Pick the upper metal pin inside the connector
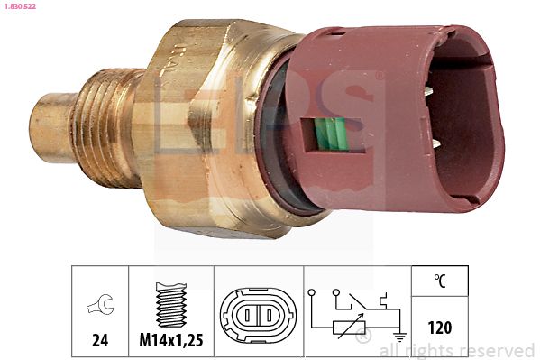point(435,90)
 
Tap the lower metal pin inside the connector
point(436,143)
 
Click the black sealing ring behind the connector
point(283,135)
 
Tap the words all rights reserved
point(457,350)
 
